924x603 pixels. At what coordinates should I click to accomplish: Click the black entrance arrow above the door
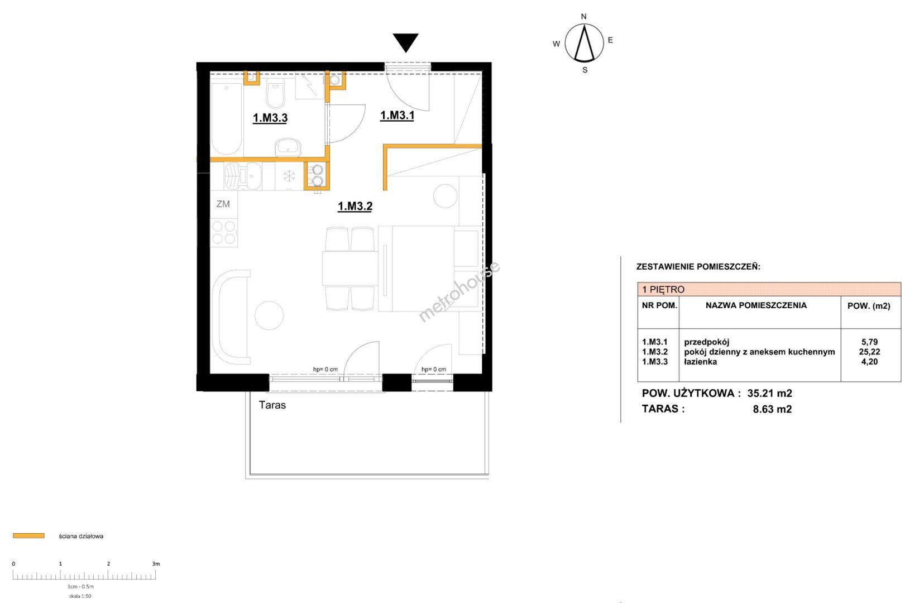[x=405, y=42]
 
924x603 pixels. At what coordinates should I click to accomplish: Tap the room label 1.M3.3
[x=270, y=118]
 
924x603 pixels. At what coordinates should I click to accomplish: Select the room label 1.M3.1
[x=397, y=116]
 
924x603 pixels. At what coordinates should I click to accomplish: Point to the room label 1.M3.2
[x=355, y=206]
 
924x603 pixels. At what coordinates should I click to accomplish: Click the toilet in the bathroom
[x=275, y=94]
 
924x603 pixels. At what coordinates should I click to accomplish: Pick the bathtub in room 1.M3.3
[x=226, y=118]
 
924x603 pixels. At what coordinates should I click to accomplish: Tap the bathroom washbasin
[x=288, y=147]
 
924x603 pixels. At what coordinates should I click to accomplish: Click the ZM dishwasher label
[x=223, y=204]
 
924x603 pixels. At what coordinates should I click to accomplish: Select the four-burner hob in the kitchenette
[x=224, y=233]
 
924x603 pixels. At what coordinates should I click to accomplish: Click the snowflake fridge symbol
[x=289, y=176]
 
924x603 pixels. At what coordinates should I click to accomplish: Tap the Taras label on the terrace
[x=272, y=405]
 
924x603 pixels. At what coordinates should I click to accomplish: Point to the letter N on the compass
[x=583, y=17]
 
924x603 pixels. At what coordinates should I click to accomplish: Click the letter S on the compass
[x=585, y=70]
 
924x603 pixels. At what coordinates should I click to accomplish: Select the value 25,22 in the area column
[x=869, y=352]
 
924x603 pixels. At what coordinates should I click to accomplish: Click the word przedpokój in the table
[x=707, y=342]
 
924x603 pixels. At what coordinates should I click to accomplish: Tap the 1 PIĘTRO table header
[x=663, y=290]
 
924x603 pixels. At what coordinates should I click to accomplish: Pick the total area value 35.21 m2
[x=770, y=394]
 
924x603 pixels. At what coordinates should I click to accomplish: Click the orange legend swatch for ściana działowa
[x=28, y=536]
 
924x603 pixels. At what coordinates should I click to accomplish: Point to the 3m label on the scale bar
[x=156, y=563]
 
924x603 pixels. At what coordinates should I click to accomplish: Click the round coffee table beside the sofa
[x=269, y=315]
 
